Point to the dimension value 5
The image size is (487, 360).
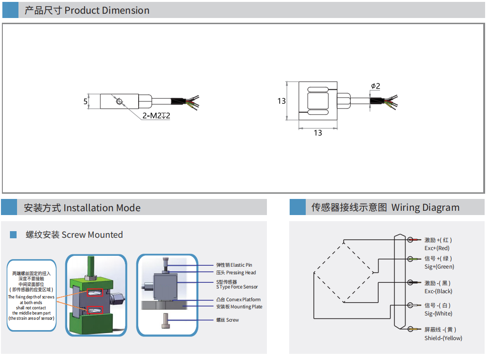pyautogui.click(x=86, y=101)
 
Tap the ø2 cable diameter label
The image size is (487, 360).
pyautogui.click(x=375, y=86)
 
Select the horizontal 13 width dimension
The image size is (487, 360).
pyautogui.click(x=318, y=133)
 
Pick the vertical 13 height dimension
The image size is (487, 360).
pyautogui.click(x=282, y=101)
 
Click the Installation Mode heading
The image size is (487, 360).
pyautogui.click(x=82, y=207)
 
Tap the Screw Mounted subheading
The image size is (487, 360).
pyautogui.click(x=74, y=234)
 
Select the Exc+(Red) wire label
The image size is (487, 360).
pyautogui.click(x=437, y=248)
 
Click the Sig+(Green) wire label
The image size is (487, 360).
pyautogui.click(x=439, y=267)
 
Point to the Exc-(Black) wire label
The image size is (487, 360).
pyautogui.click(x=438, y=291)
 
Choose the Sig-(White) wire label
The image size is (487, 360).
pyautogui.click(x=438, y=314)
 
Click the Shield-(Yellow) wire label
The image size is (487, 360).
pyautogui.click(x=443, y=338)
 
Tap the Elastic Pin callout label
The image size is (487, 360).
pyautogui.click(x=234, y=265)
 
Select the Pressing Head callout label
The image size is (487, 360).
pyautogui.click(x=236, y=272)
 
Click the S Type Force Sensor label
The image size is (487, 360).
pyautogui.click(x=237, y=287)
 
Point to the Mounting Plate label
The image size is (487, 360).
pyautogui.click(x=239, y=307)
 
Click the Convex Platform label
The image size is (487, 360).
pyautogui.click(x=238, y=299)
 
